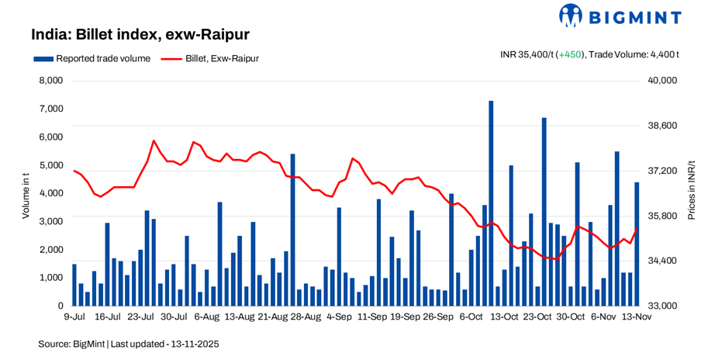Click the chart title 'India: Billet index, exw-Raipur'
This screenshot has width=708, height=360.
click(x=140, y=35)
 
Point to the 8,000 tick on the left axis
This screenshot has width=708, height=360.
click(x=50, y=81)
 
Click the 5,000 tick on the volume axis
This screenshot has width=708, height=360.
click(x=50, y=165)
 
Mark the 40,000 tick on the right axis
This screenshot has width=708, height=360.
click(x=661, y=81)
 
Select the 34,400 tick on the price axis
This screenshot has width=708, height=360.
click(x=661, y=261)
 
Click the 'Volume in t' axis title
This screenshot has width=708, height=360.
click(x=25, y=194)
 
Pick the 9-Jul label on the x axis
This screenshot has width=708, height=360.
click(x=74, y=317)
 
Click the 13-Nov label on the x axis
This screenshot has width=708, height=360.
click(x=637, y=317)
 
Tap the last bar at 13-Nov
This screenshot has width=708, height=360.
click(x=637, y=244)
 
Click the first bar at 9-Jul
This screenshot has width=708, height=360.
click(x=74, y=285)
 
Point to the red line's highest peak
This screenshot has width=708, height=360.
click(x=154, y=140)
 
